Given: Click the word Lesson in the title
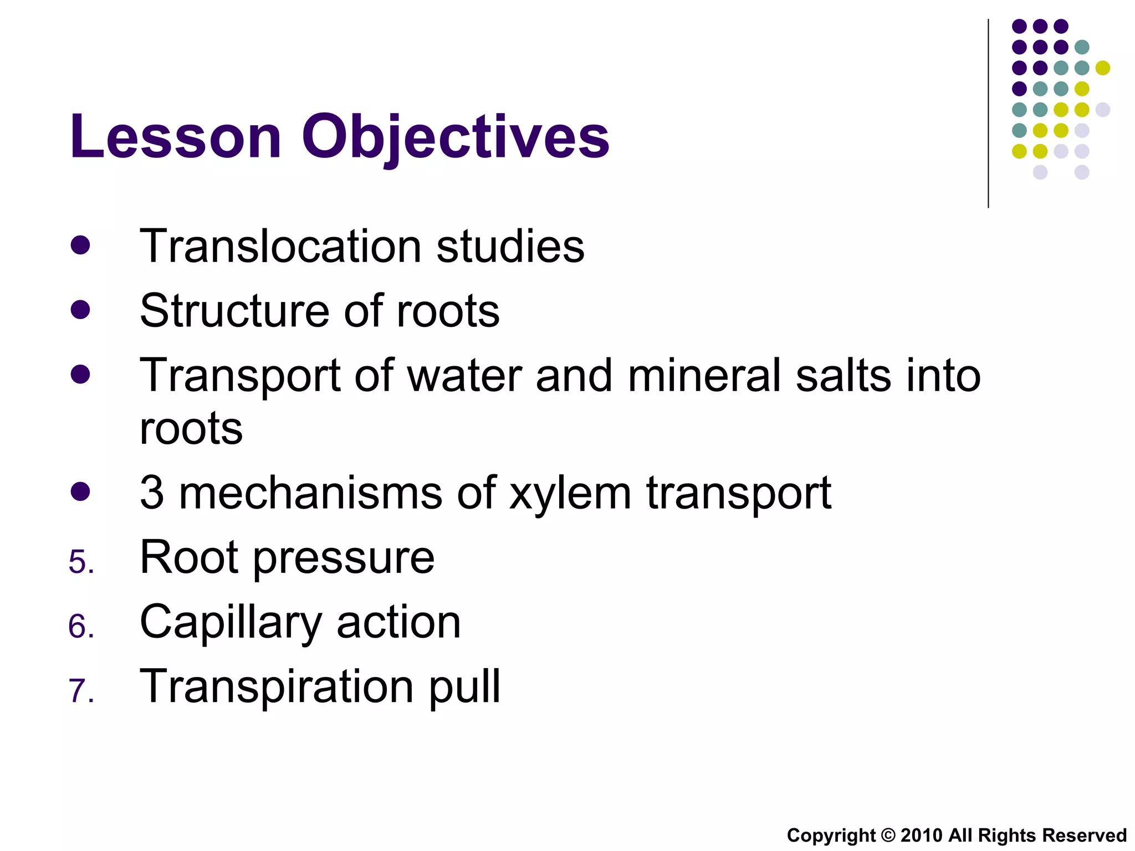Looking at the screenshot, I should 176,136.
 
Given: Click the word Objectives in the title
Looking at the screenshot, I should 455,136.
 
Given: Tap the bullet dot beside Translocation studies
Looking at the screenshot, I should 80,245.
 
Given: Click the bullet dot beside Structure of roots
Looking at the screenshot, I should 80,309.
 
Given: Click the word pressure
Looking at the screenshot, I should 344,558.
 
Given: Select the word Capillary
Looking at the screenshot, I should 231,623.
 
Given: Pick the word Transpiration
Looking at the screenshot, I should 277,687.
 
